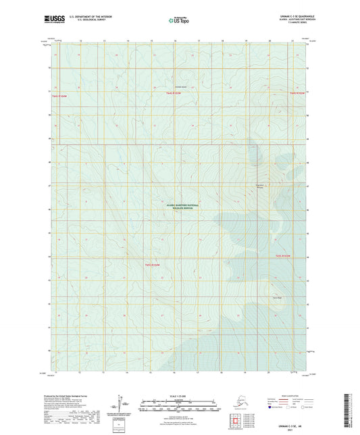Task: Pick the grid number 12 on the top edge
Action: (x=80, y=41)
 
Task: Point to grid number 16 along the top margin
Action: (x=175, y=41)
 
